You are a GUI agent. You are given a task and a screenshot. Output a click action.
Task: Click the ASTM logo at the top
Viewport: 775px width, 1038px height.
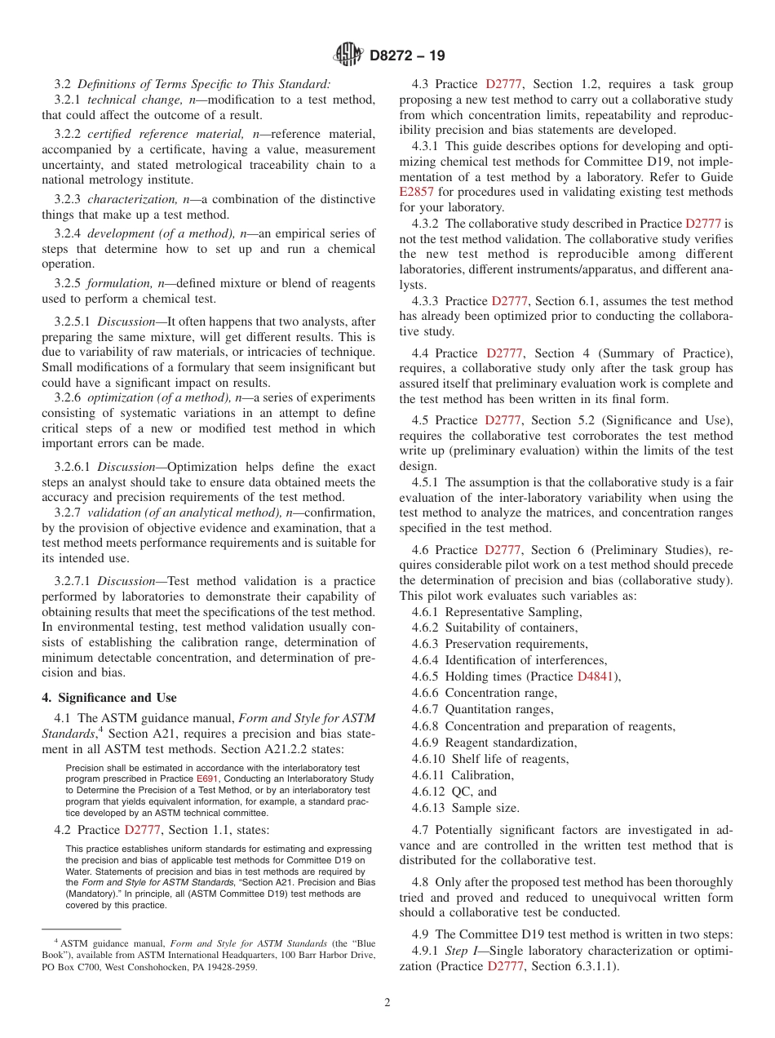[x=349, y=55]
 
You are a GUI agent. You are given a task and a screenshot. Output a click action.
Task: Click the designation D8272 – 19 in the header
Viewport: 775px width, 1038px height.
[x=407, y=56]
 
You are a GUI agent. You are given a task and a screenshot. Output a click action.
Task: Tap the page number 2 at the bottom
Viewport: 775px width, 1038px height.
[x=387, y=1003]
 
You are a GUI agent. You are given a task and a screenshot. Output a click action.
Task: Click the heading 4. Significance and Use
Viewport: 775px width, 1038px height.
[x=109, y=698]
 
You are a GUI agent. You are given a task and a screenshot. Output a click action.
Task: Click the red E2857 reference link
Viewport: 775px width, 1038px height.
[x=416, y=192]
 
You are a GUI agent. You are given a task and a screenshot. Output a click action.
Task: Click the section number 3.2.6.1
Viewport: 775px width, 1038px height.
[x=73, y=467]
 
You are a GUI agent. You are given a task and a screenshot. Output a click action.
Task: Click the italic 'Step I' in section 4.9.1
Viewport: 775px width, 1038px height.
[x=462, y=951]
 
